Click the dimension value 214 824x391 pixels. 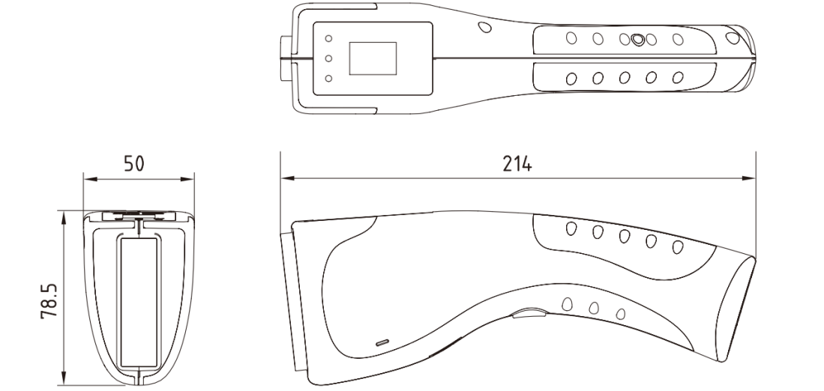point(517,164)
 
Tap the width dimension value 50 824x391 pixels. point(134,164)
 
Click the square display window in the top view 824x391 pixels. point(373,58)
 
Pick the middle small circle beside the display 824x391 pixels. point(328,58)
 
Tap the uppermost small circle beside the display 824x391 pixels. point(328,38)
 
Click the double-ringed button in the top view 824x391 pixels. point(637,40)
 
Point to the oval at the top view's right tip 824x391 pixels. point(732,37)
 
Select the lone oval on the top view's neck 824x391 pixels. point(484,27)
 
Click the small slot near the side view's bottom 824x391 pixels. point(382,343)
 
